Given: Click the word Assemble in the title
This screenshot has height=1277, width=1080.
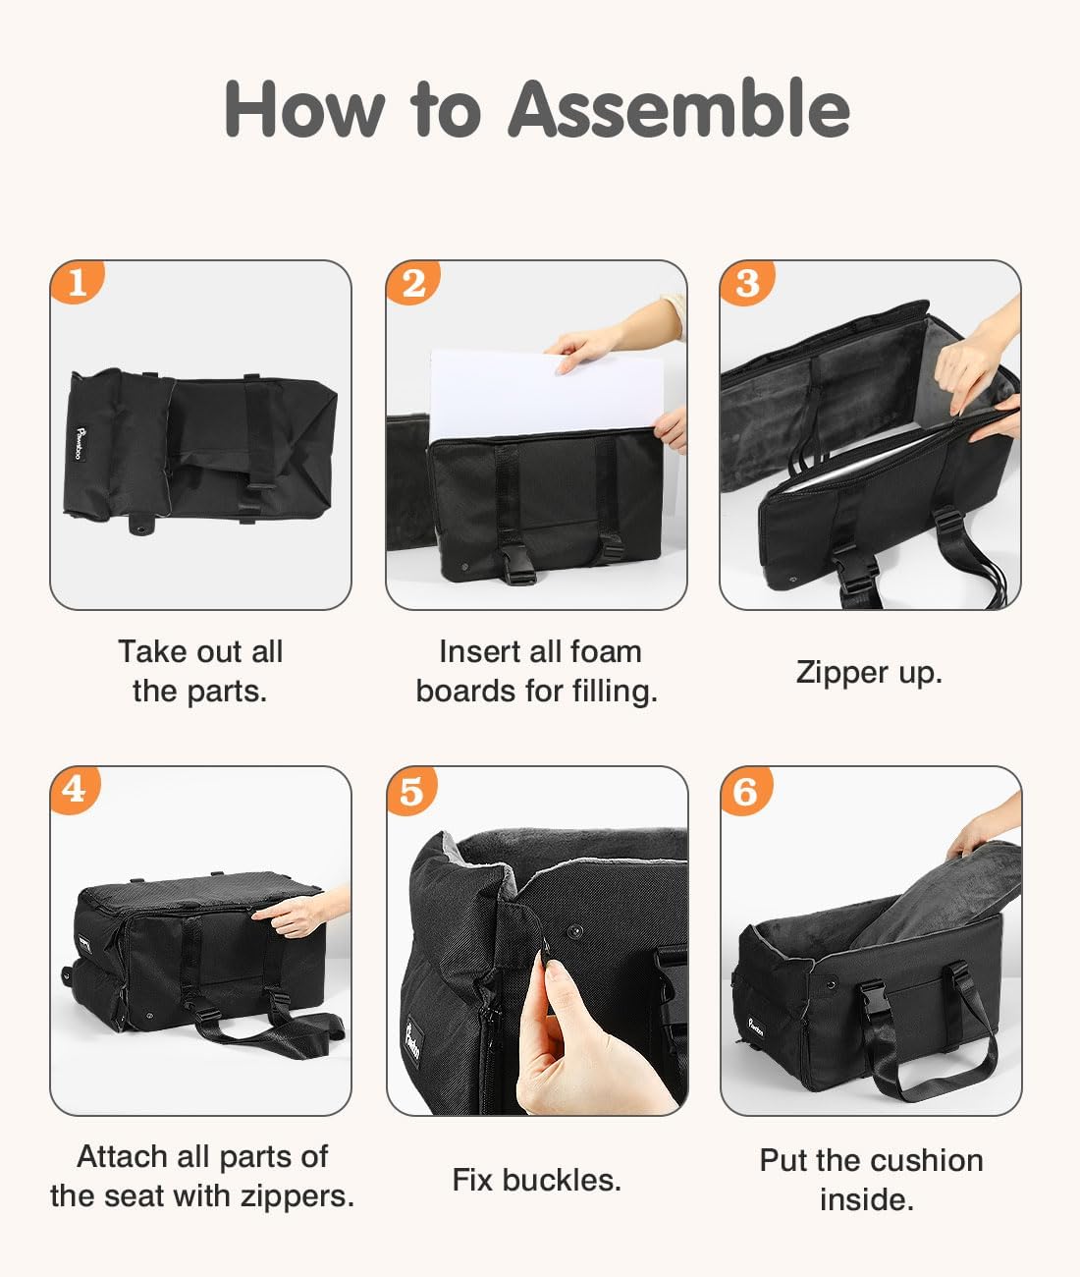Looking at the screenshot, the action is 678,108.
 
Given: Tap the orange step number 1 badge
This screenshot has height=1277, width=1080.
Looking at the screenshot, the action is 77,282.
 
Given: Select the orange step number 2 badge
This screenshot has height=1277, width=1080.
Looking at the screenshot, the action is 412,282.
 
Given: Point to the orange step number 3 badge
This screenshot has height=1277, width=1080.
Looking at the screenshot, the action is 747,283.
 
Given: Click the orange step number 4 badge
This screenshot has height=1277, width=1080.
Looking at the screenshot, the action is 76,790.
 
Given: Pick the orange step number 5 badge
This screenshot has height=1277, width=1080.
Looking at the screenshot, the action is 411,791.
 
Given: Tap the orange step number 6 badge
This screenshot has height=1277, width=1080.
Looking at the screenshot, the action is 746,791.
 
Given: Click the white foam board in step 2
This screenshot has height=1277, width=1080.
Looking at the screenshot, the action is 543,393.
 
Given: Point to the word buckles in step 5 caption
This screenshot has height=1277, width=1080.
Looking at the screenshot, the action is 562,1180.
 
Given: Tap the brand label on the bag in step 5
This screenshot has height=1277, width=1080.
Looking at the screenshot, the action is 412,1042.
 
